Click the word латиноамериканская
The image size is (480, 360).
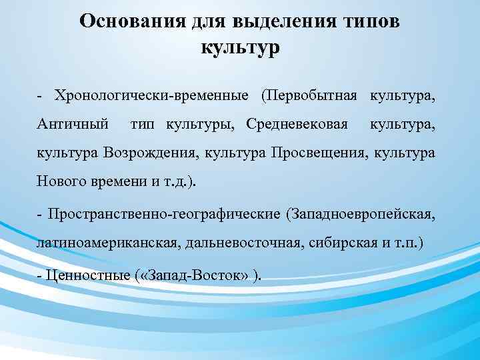pos(105,244)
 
